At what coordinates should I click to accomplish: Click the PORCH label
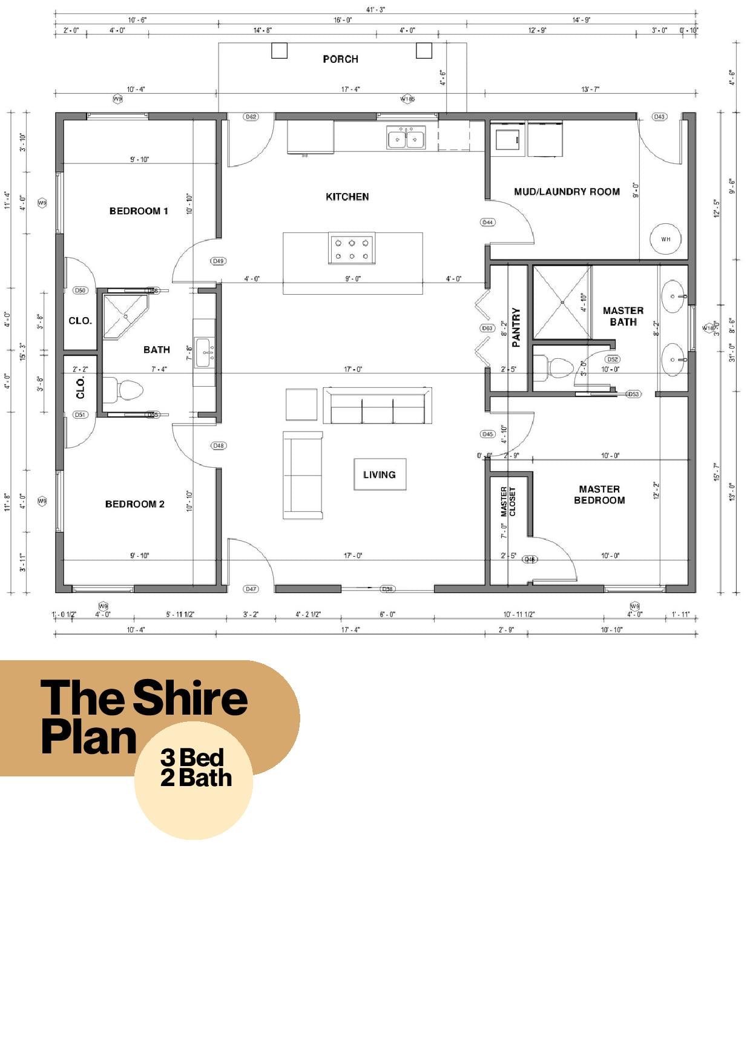(x=340, y=59)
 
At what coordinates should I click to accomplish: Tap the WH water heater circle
(x=665, y=239)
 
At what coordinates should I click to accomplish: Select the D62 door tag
(x=251, y=116)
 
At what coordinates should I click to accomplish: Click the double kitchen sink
(x=406, y=137)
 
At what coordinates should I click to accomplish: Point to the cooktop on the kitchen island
(x=352, y=249)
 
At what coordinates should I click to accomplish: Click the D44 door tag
(x=487, y=222)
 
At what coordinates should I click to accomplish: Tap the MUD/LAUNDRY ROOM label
(x=567, y=192)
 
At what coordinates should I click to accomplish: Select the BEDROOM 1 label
(x=139, y=211)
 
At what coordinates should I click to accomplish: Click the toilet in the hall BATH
(x=123, y=390)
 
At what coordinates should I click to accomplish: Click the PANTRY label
(x=516, y=327)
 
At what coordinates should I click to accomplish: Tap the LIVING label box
(x=380, y=474)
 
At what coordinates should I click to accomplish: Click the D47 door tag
(x=251, y=588)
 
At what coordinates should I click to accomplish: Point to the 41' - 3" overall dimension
(x=375, y=9)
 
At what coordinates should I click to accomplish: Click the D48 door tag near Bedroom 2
(x=219, y=445)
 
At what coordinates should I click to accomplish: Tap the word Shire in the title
(x=189, y=697)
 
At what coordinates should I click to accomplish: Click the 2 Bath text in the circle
(x=196, y=778)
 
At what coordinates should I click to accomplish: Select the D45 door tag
(x=487, y=434)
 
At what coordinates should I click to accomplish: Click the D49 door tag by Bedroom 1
(x=219, y=261)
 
